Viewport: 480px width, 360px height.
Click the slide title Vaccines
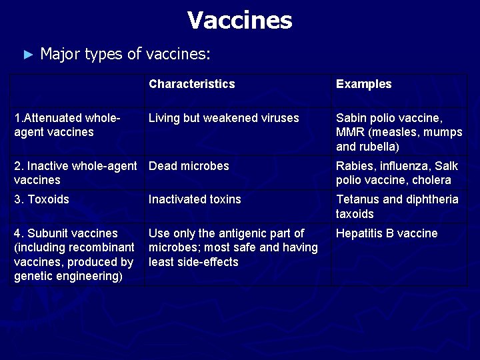tap(239, 21)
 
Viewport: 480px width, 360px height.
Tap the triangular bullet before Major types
tap(27, 54)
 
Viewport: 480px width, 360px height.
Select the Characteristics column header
tap(191, 84)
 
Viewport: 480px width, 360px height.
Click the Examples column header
tap(363, 84)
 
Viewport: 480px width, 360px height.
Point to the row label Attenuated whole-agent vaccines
tap(67, 125)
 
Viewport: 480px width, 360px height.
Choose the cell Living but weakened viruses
tap(223, 118)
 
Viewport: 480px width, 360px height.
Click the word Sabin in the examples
tap(351, 118)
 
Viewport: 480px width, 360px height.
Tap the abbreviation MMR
tap(350, 132)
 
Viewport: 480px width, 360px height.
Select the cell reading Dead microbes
tap(189, 166)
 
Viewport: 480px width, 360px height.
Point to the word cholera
tap(432, 180)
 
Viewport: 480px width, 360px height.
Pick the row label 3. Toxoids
tap(41, 199)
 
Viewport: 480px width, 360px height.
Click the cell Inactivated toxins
tap(195, 199)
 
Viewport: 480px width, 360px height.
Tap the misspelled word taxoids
tap(355, 214)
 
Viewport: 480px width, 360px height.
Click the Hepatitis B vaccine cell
tap(387, 233)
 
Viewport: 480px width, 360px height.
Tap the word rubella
tap(379, 147)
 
